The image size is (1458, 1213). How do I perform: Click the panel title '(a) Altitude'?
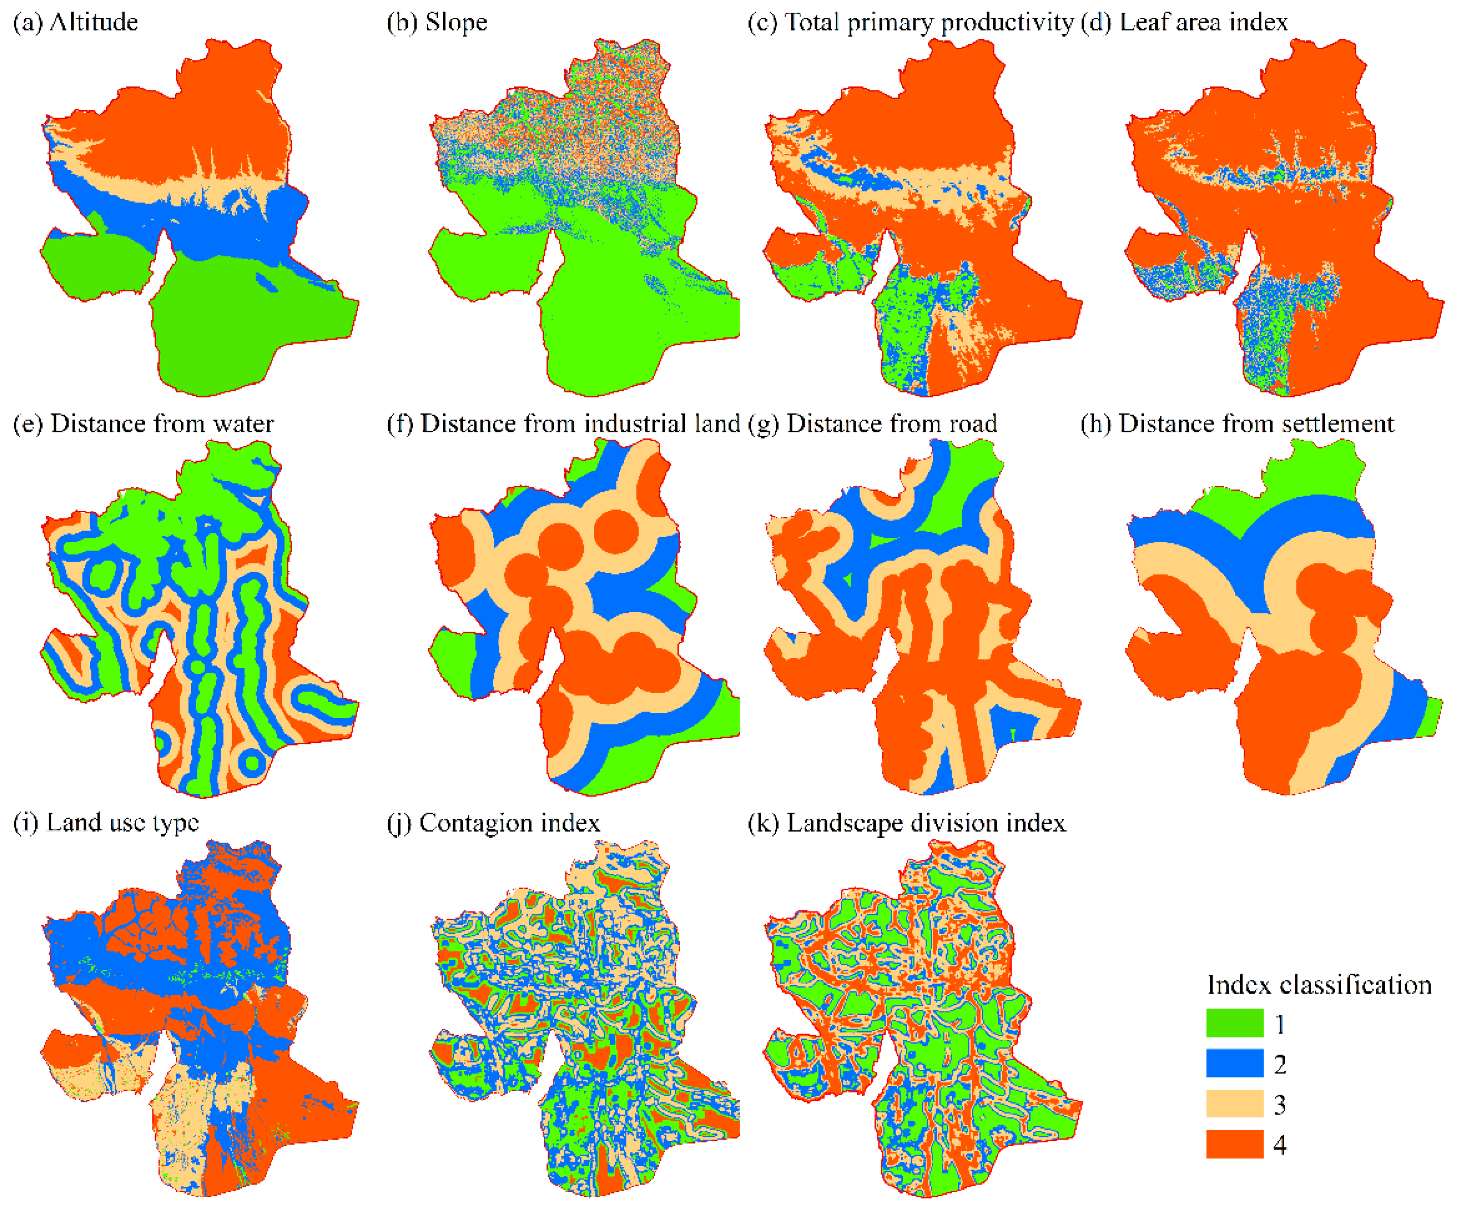pyautogui.click(x=76, y=22)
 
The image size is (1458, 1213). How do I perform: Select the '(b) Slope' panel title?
pyautogui.click(x=437, y=22)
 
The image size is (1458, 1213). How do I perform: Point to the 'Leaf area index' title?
pyautogui.click(x=1185, y=22)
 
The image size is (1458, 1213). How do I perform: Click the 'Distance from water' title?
pyautogui.click(x=144, y=423)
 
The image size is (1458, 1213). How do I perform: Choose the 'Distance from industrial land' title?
pyautogui.click(x=563, y=423)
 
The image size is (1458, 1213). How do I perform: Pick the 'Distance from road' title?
pyautogui.click(x=872, y=423)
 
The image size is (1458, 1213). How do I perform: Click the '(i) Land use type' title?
pyautogui.click(x=106, y=823)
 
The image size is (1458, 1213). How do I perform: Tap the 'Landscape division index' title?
pyautogui.click(x=907, y=823)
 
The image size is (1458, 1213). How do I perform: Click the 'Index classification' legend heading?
pyautogui.click(x=1319, y=985)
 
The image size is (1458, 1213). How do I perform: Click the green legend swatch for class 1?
pyautogui.click(x=1234, y=1023)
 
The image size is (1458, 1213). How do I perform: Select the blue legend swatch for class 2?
pyautogui.click(x=1234, y=1063)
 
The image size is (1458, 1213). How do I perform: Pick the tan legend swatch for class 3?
pyautogui.click(x=1234, y=1103)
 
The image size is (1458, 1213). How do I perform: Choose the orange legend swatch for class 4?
pyautogui.click(x=1234, y=1143)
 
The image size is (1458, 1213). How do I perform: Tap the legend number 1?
pyautogui.click(x=1280, y=1024)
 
